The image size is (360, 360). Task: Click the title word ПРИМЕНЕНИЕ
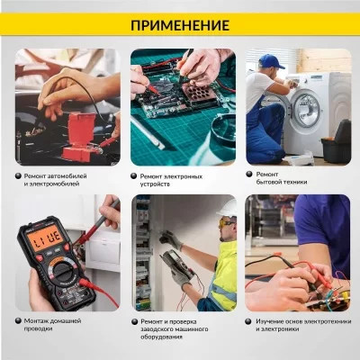(180, 24)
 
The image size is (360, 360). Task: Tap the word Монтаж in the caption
(40, 319)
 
